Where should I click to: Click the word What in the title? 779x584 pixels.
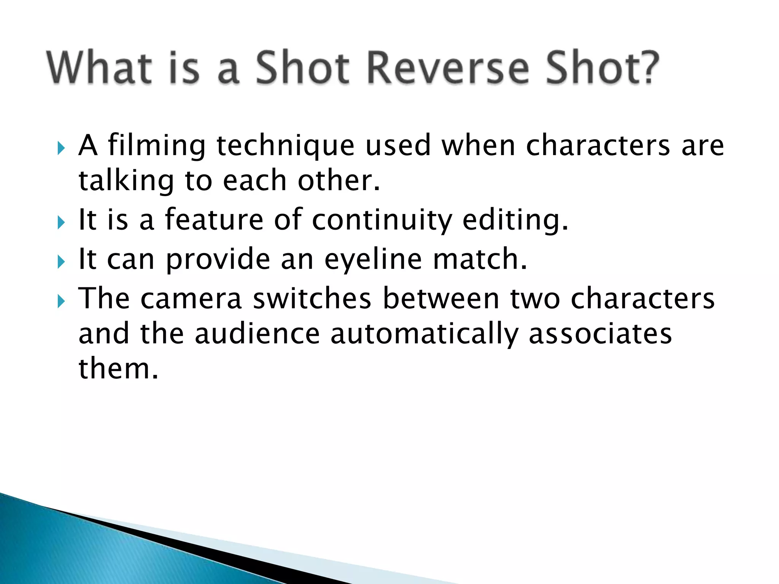tap(99, 68)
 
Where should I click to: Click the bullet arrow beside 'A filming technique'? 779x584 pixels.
tap(61, 148)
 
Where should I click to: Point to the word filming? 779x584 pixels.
tap(157, 146)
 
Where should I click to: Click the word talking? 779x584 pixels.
tap(126, 181)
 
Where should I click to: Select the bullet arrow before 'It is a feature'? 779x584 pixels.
tap(61, 222)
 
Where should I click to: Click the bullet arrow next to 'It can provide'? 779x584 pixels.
tap(61, 262)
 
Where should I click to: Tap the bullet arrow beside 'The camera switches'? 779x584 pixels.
tap(61, 301)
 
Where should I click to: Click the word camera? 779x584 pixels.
tap(191, 299)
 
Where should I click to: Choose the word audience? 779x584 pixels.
tap(257, 334)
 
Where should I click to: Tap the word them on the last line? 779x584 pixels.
tap(118, 369)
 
